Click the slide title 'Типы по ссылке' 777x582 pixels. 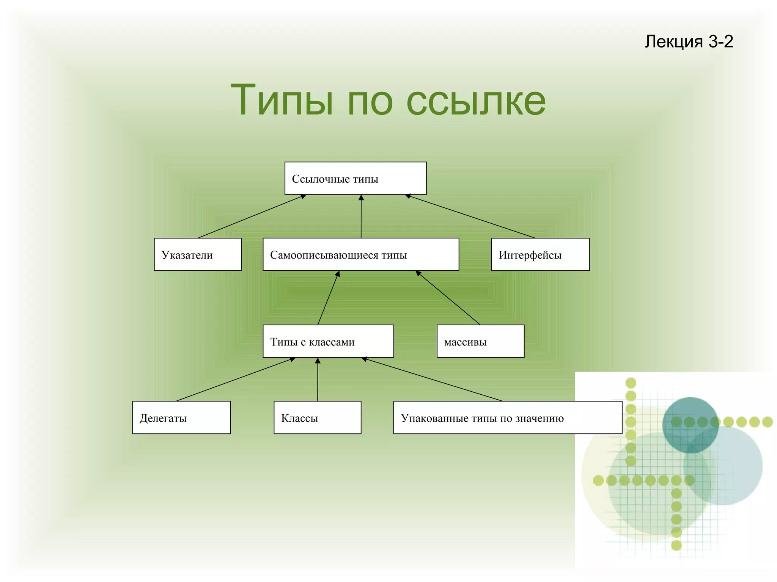tap(388, 100)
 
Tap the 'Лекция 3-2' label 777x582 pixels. tap(689, 41)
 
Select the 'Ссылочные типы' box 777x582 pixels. tap(355, 178)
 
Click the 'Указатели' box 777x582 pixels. tap(197, 254)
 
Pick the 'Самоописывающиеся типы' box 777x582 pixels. tap(361, 254)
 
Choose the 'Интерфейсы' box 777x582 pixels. tap(540, 254)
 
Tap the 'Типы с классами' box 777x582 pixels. tap(328, 341)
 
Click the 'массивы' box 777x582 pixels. tap(480, 341)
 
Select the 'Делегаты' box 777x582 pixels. tap(181, 417)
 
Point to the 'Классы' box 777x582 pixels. tap(317, 417)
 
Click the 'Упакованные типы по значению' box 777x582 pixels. tap(508, 417)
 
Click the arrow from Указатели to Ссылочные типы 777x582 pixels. tap(252, 216)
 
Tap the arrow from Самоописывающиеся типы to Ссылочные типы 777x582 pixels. tap(361, 216)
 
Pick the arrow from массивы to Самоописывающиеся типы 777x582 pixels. tap(448, 298)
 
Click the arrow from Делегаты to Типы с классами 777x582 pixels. tap(235, 379)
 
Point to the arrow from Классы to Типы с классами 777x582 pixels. tap(318, 379)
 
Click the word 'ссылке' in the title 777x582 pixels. tap(476, 100)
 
